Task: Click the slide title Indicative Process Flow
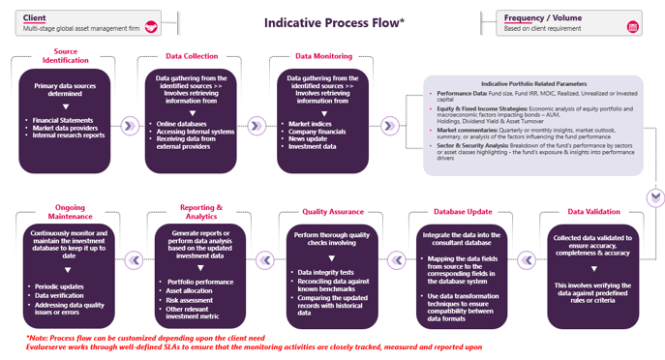point(335,22)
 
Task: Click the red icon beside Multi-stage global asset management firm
point(150,26)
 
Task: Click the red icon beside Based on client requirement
point(633,26)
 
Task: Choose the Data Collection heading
point(192,56)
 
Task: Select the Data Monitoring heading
point(317,56)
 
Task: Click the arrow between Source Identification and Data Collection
point(129,125)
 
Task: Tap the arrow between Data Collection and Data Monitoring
point(256,125)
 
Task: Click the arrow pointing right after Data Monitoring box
point(389,125)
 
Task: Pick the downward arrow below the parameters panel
point(655,197)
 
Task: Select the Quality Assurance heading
point(329,210)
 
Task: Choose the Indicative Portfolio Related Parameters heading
point(534,83)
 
